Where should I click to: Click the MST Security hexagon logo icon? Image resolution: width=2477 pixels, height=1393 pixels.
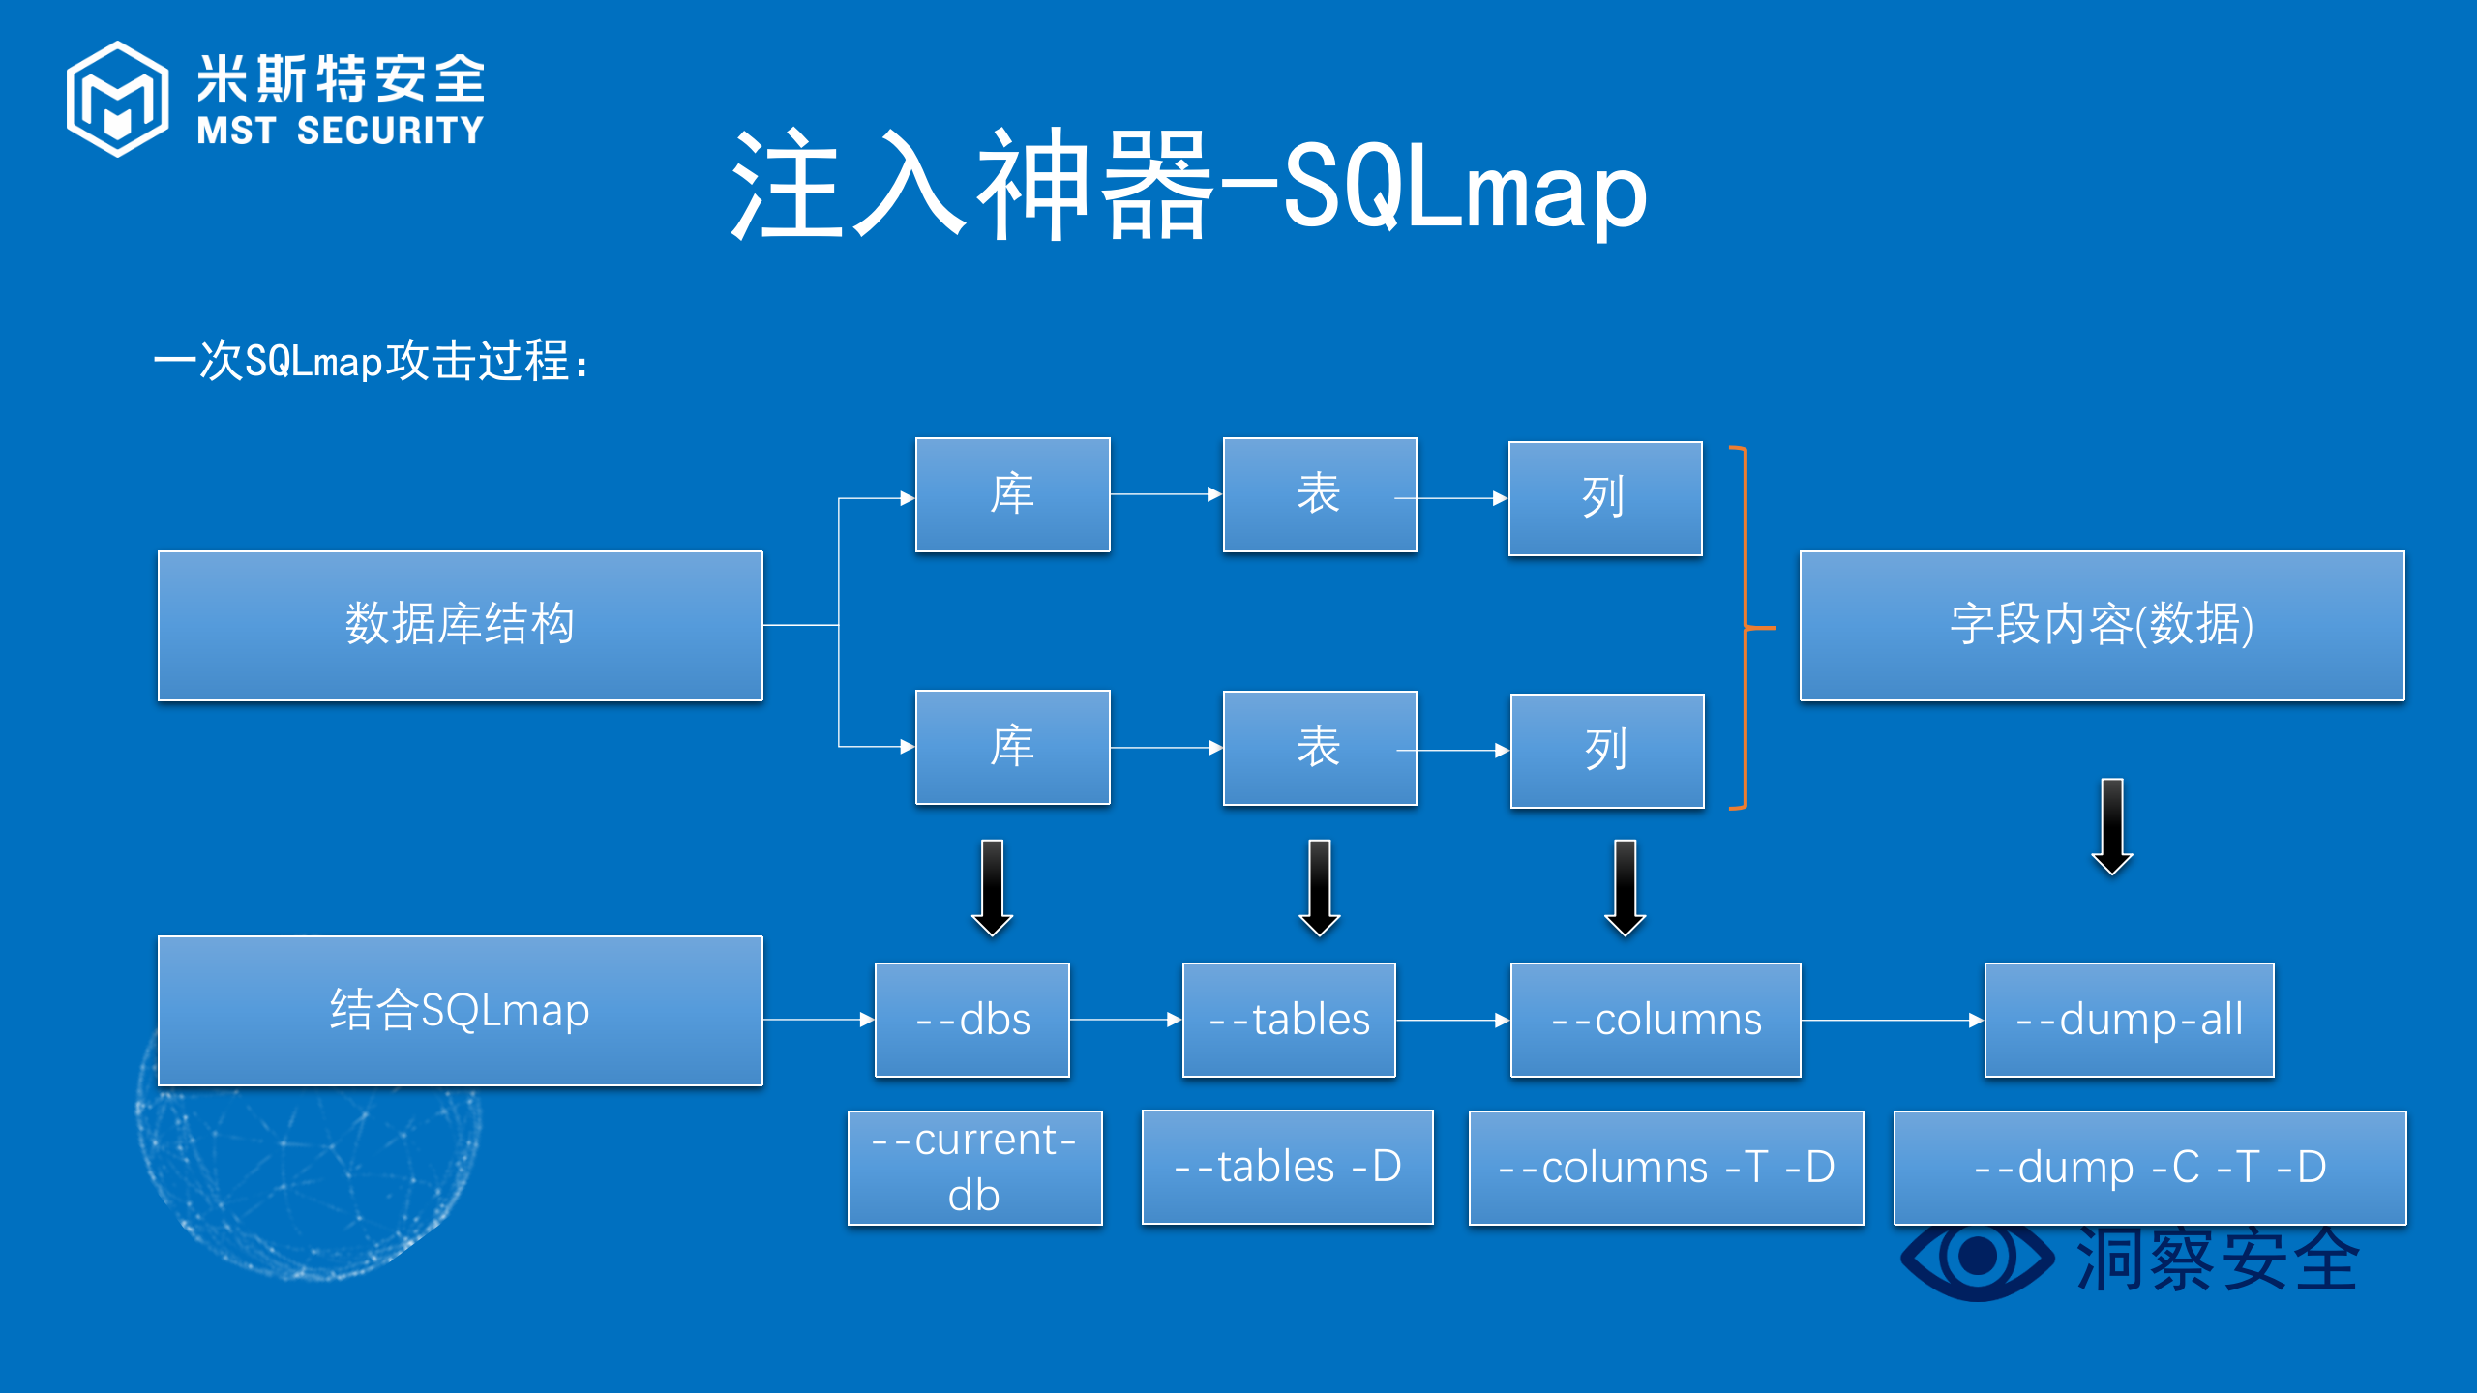pos(117,99)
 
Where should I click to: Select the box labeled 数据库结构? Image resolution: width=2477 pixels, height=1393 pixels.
pos(460,625)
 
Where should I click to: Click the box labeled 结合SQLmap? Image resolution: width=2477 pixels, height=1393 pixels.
pos(460,1010)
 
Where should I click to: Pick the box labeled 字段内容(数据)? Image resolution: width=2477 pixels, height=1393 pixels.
pos(2102,625)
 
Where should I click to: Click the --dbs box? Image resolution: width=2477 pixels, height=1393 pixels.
pos(971,1020)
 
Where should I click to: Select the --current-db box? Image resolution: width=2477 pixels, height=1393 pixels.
pos(974,1167)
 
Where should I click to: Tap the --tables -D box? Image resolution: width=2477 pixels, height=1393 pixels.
pos(1287,1167)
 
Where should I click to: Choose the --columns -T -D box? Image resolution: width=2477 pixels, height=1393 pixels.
pos(1665,1167)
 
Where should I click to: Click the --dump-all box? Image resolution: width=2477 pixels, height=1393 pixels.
pos(2129,1020)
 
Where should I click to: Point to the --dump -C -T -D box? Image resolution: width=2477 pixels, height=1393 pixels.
pos(2149,1167)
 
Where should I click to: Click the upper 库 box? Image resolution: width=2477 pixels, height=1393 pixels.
pos(1012,494)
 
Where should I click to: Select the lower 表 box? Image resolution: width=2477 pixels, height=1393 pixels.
pos(1319,748)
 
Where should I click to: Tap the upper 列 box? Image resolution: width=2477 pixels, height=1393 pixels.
pos(1604,498)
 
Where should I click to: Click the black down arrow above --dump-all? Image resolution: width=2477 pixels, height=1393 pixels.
pos(2112,827)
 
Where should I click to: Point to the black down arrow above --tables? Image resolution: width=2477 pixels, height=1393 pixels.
pos(1319,888)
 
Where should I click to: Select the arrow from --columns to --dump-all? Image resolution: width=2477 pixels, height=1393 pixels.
pos(1892,1020)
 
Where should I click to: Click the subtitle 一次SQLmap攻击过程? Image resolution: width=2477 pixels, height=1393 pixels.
pos(372,361)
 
